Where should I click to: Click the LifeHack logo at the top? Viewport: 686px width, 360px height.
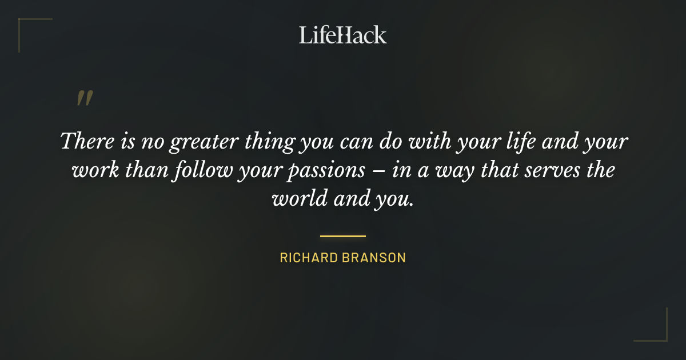[x=342, y=35]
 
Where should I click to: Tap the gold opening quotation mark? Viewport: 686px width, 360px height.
[x=84, y=98]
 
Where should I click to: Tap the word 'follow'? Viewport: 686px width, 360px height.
[x=200, y=170]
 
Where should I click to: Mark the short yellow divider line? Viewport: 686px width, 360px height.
[x=342, y=235]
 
